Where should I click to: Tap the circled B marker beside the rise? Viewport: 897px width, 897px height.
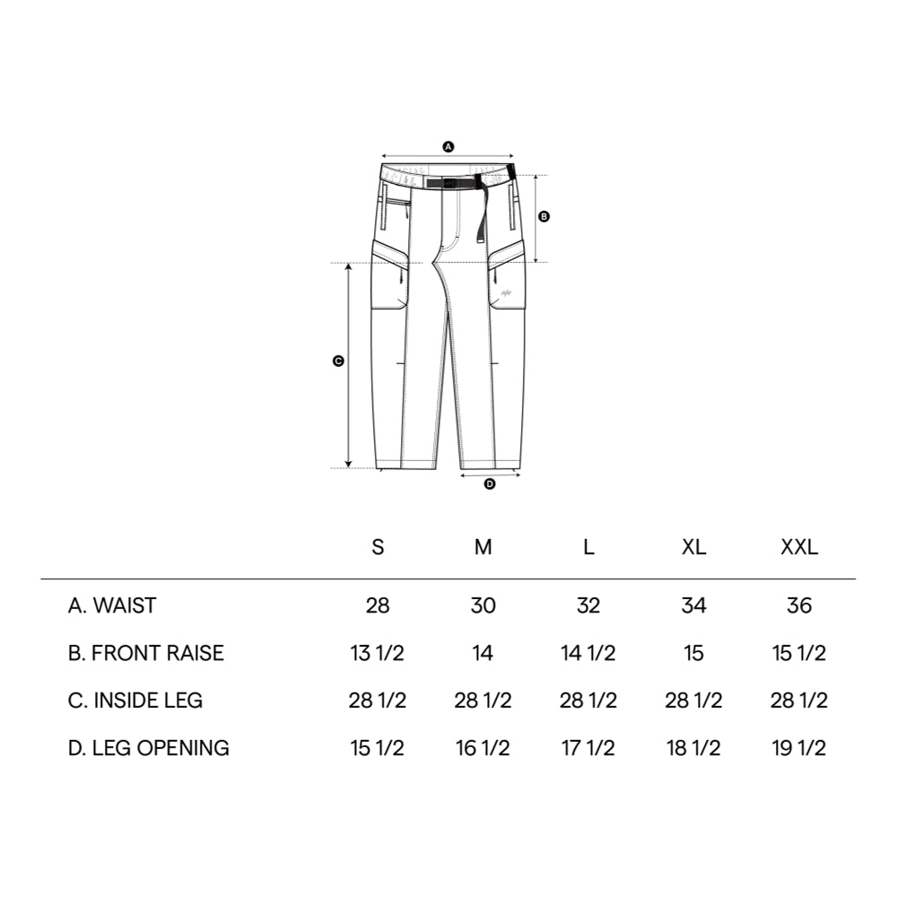point(544,216)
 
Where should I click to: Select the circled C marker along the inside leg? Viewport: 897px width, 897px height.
point(338,361)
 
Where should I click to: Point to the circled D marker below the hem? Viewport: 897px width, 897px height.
point(490,484)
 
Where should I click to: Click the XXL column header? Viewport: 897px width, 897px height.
point(798,547)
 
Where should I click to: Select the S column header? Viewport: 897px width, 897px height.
point(378,547)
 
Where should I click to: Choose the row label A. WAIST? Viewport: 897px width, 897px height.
point(112,605)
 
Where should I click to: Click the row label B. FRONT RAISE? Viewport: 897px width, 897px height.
point(146,653)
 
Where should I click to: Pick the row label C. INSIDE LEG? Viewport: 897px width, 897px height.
point(135,701)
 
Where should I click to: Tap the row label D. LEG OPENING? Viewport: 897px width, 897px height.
point(149,747)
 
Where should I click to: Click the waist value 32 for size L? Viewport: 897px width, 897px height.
point(588,605)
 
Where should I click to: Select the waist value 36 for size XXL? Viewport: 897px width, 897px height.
point(798,605)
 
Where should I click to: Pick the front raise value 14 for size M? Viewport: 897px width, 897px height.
point(483,653)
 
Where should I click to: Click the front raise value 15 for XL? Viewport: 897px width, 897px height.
point(693,653)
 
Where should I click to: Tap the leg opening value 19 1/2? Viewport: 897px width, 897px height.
point(798,747)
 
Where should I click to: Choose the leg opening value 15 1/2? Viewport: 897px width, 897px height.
point(378,747)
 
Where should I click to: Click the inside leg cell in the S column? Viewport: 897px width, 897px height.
point(378,701)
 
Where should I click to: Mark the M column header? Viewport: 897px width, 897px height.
point(483,547)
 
